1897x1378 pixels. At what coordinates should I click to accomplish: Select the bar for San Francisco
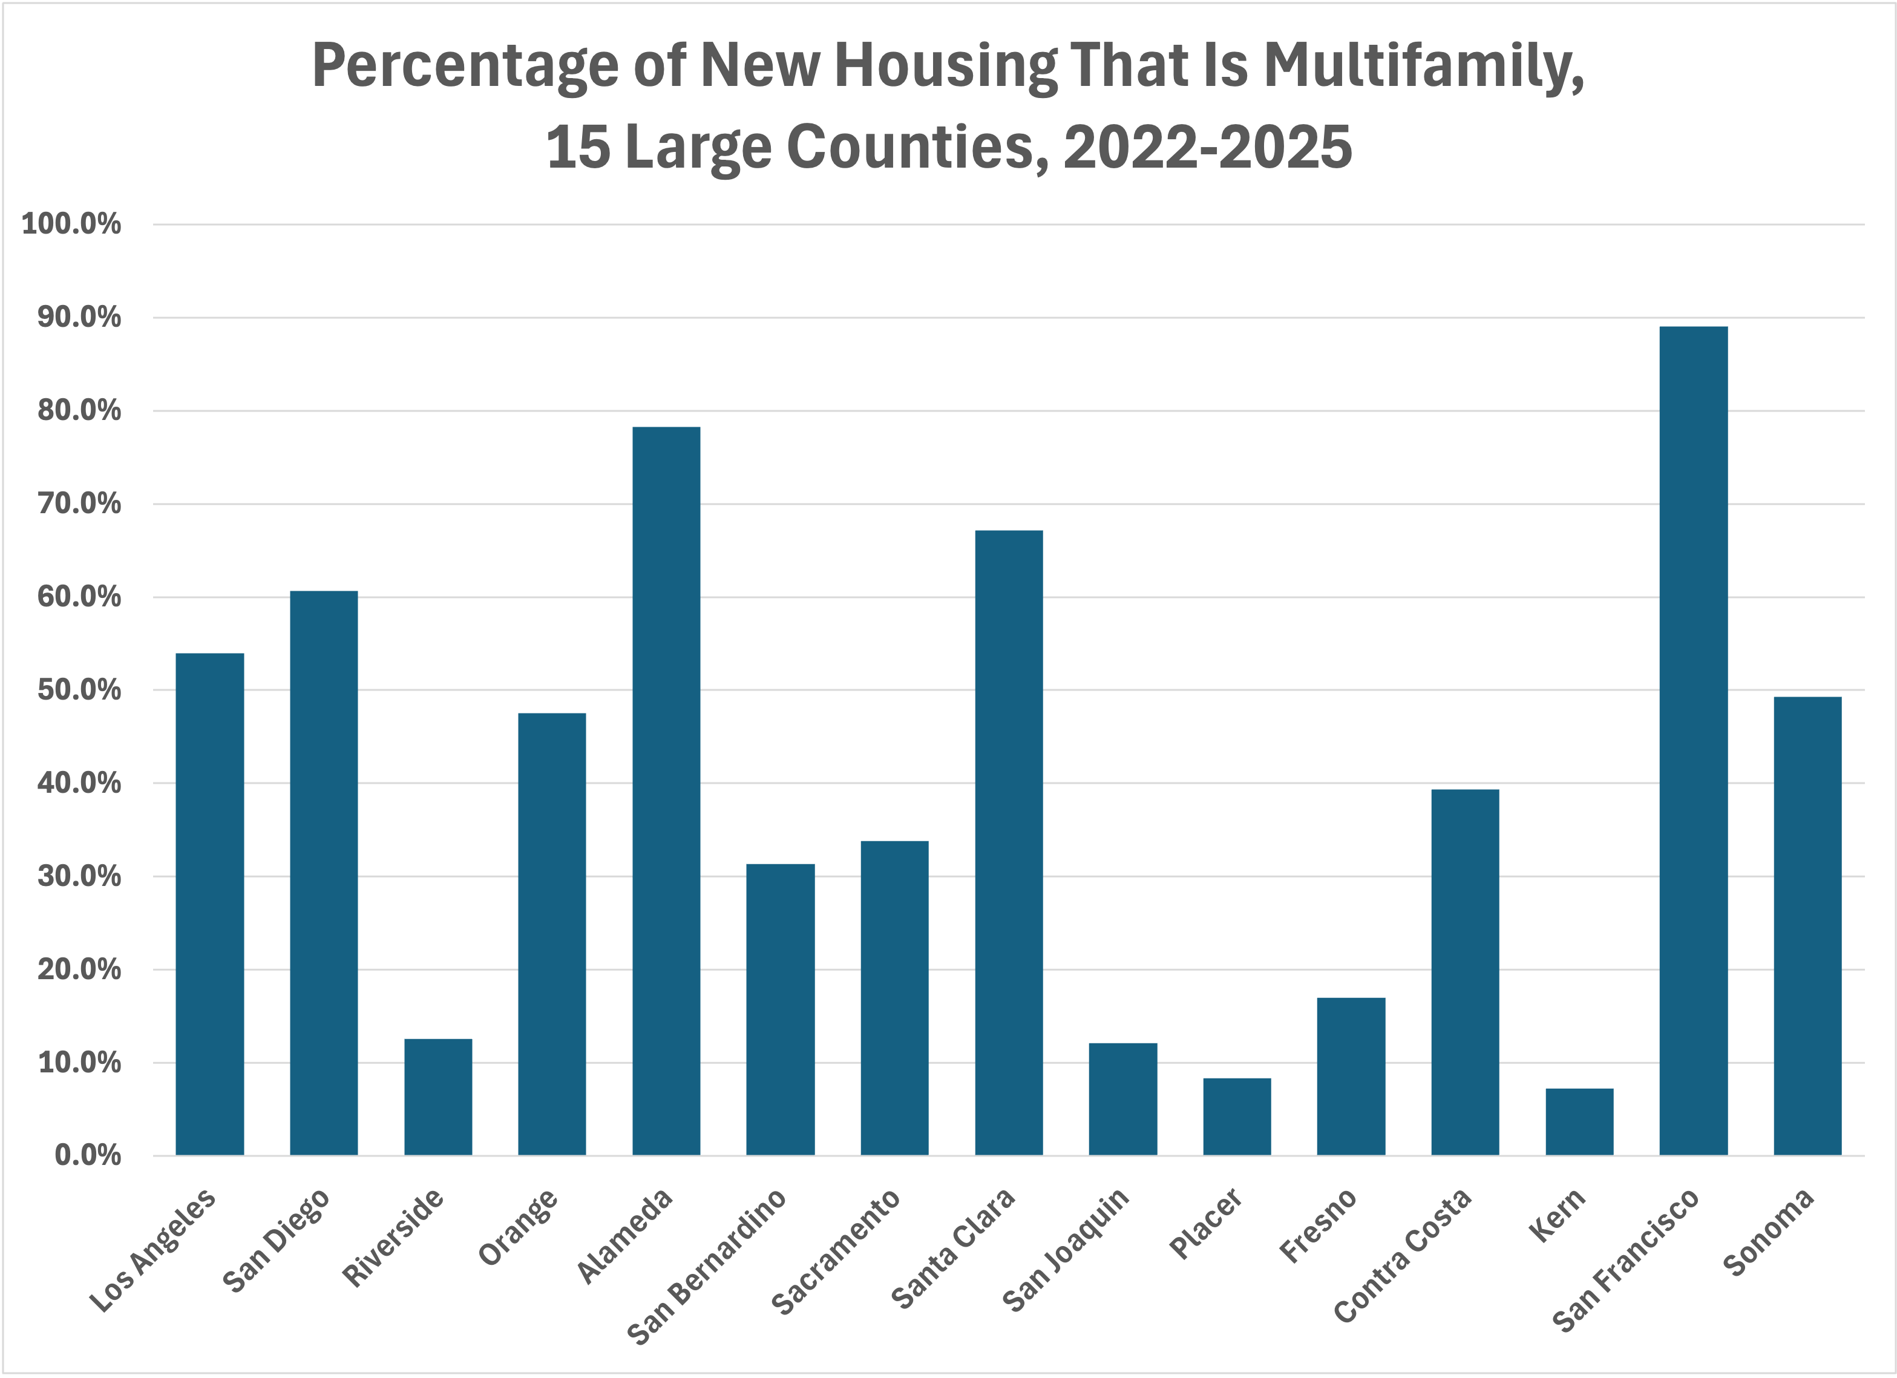tap(1693, 741)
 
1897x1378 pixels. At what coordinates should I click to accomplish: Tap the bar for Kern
tap(1579, 1121)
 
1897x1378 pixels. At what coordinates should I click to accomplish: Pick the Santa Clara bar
tap(1009, 842)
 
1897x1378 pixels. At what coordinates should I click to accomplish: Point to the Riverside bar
tap(437, 1097)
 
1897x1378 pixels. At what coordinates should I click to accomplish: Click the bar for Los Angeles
tap(209, 904)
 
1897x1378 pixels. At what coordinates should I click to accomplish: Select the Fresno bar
tap(1351, 1076)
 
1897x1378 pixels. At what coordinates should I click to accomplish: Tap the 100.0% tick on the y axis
tap(71, 225)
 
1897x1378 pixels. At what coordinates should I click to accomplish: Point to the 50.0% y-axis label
tap(79, 691)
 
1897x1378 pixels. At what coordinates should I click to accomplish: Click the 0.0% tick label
tap(87, 1155)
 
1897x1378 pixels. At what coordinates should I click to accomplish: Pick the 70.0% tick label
tap(79, 504)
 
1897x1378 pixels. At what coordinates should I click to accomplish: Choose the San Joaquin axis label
tap(1065, 1249)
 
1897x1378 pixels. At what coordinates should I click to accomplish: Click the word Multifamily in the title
tap(1423, 65)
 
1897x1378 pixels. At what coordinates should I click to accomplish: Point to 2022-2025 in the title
tap(1207, 147)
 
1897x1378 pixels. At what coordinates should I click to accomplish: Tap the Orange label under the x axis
tap(518, 1225)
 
